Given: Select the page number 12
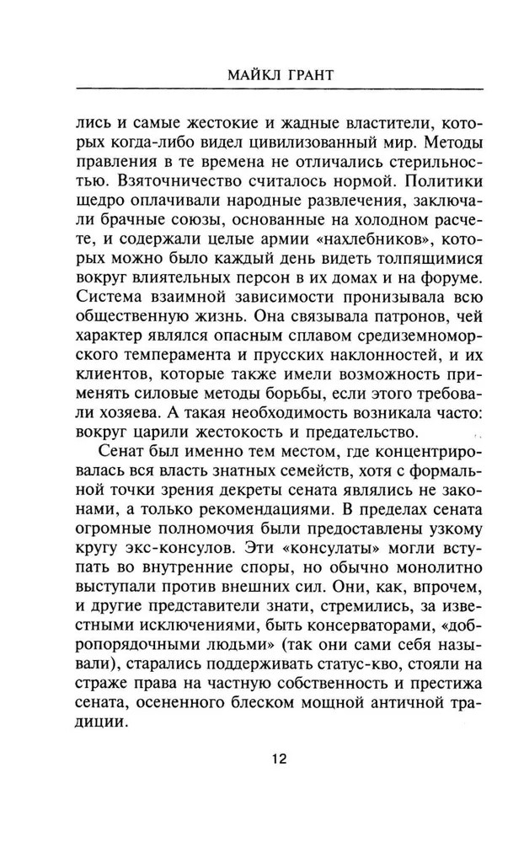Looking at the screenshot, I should point(280,782).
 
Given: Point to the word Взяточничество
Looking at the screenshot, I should point(159,182).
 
